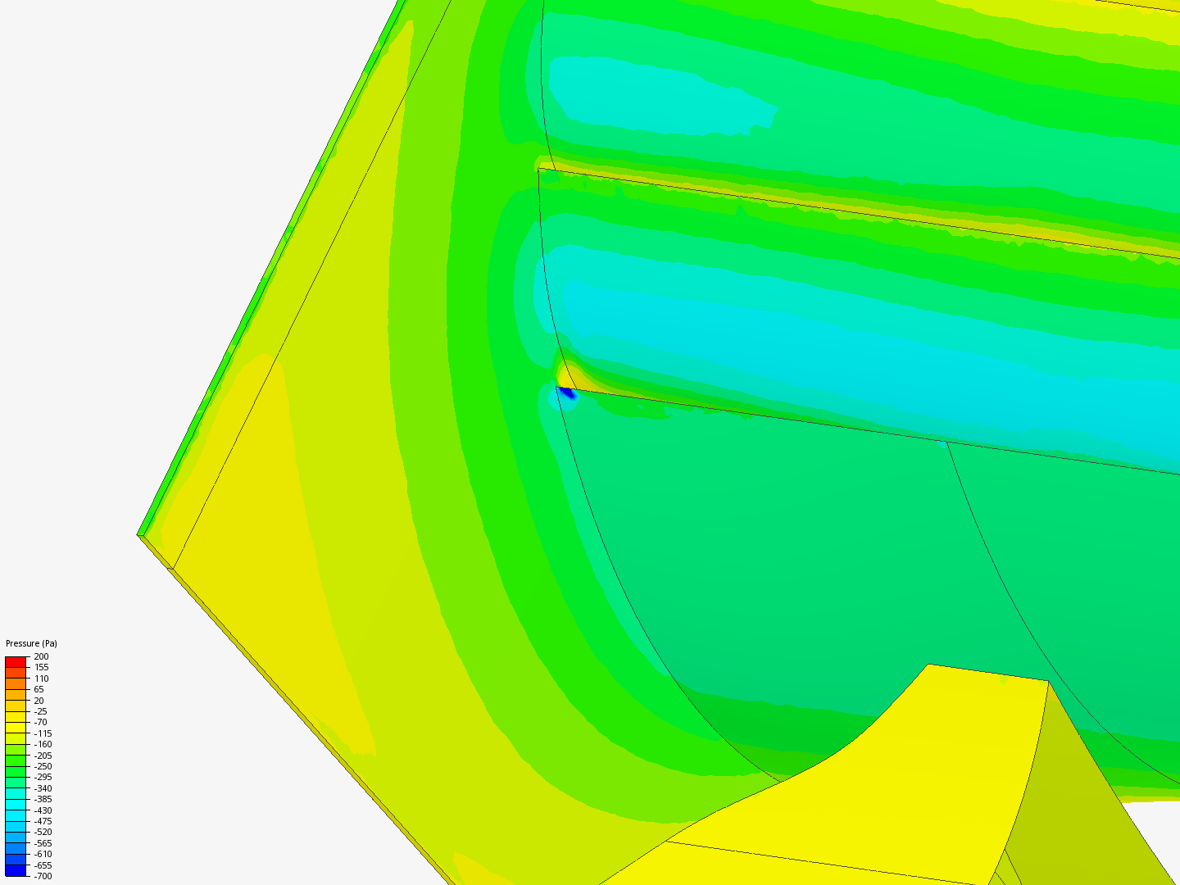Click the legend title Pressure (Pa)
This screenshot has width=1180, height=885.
pos(31,643)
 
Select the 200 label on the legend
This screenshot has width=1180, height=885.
pos(42,656)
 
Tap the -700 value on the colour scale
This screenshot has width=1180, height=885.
pos(43,877)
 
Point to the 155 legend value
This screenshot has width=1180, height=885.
pos(42,667)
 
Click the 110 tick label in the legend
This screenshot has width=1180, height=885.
pos(42,678)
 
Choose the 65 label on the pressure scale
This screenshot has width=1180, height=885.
pos(39,689)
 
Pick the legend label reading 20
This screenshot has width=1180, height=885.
pos(39,701)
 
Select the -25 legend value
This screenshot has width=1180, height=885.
pos(40,711)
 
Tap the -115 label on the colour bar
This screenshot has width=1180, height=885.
pos(43,733)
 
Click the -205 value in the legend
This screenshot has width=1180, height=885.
pos(43,756)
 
